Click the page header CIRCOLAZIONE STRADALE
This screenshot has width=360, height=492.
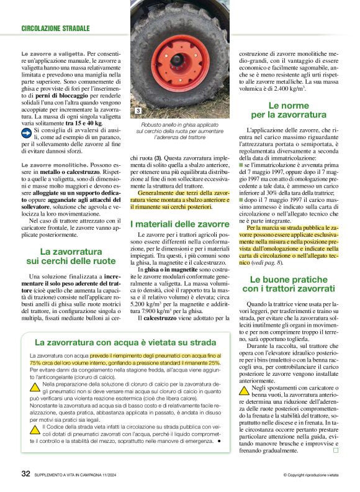pos(55,29)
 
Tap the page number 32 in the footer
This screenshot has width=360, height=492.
pos(26,474)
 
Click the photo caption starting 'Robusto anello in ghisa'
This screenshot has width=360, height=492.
pos(179,130)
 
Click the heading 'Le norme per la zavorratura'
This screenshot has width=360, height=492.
pos(288,111)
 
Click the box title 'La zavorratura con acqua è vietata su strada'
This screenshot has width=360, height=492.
pos(117,342)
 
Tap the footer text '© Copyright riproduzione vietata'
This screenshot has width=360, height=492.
pos(304,475)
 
